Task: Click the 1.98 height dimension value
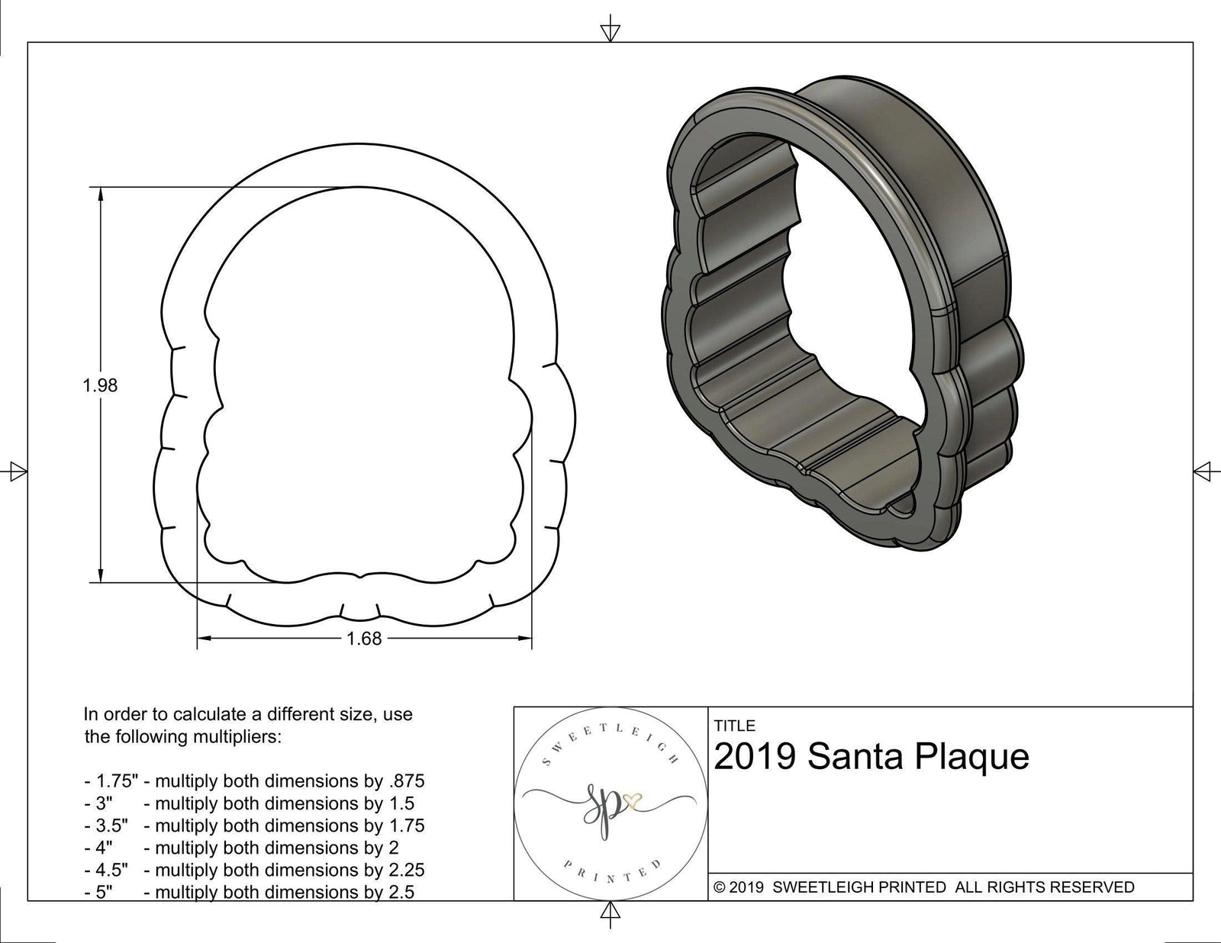[x=100, y=385]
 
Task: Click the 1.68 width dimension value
[x=364, y=639]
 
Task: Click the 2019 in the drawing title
[x=755, y=757]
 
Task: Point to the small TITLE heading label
[x=734, y=726]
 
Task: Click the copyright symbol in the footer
[x=719, y=887]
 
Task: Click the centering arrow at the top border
[x=610, y=31]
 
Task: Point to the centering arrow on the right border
[x=1203, y=471]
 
